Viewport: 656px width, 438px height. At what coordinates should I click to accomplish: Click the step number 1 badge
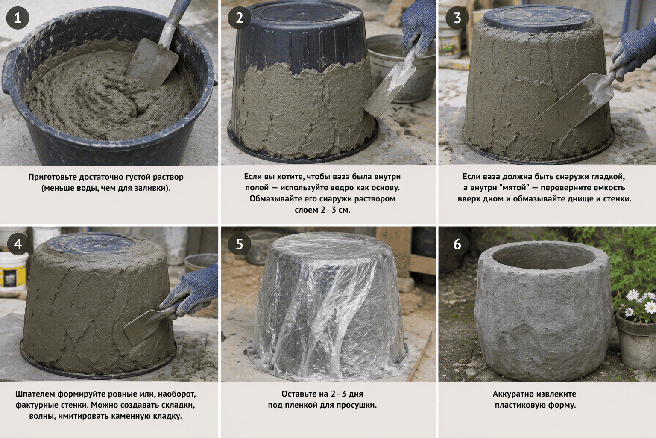coord(18,18)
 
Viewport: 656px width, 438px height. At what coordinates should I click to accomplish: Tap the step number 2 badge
coord(239,18)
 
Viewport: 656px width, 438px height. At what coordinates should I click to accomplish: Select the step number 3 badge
coord(457,18)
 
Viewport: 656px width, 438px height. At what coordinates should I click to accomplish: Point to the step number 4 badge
coord(18,244)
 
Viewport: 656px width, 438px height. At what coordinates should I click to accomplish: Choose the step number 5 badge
coord(239,244)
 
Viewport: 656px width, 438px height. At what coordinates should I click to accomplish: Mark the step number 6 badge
coord(457,244)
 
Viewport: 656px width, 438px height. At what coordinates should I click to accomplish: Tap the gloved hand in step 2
coord(418,28)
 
